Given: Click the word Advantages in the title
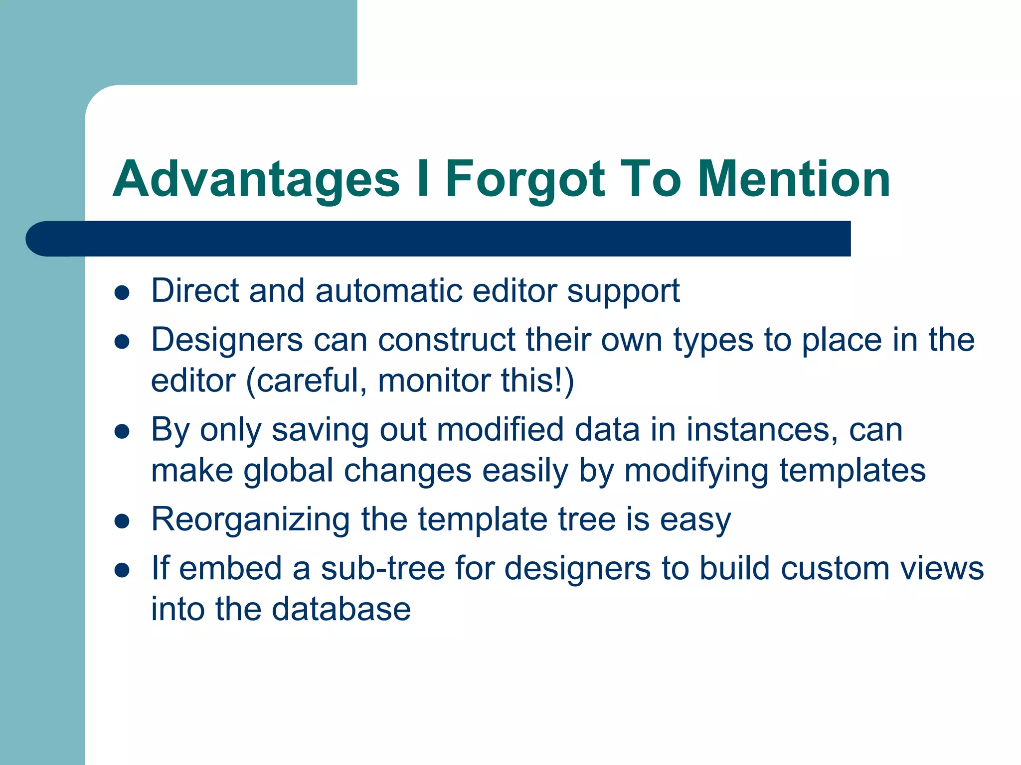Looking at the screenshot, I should [256, 179].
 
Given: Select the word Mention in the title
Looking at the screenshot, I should [794, 179].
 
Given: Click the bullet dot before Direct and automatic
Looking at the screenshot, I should [122, 293].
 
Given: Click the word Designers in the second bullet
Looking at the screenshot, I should [227, 340].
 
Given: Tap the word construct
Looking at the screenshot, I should [446, 340].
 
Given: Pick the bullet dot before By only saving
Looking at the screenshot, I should [122, 431].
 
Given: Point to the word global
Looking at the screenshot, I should [288, 471].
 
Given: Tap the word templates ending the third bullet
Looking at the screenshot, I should [852, 471].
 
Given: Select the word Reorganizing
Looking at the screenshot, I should [250, 520].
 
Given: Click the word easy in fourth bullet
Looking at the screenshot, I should [695, 520].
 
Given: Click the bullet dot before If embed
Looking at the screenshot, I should [122, 570].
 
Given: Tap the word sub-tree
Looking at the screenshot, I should [382, 569].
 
